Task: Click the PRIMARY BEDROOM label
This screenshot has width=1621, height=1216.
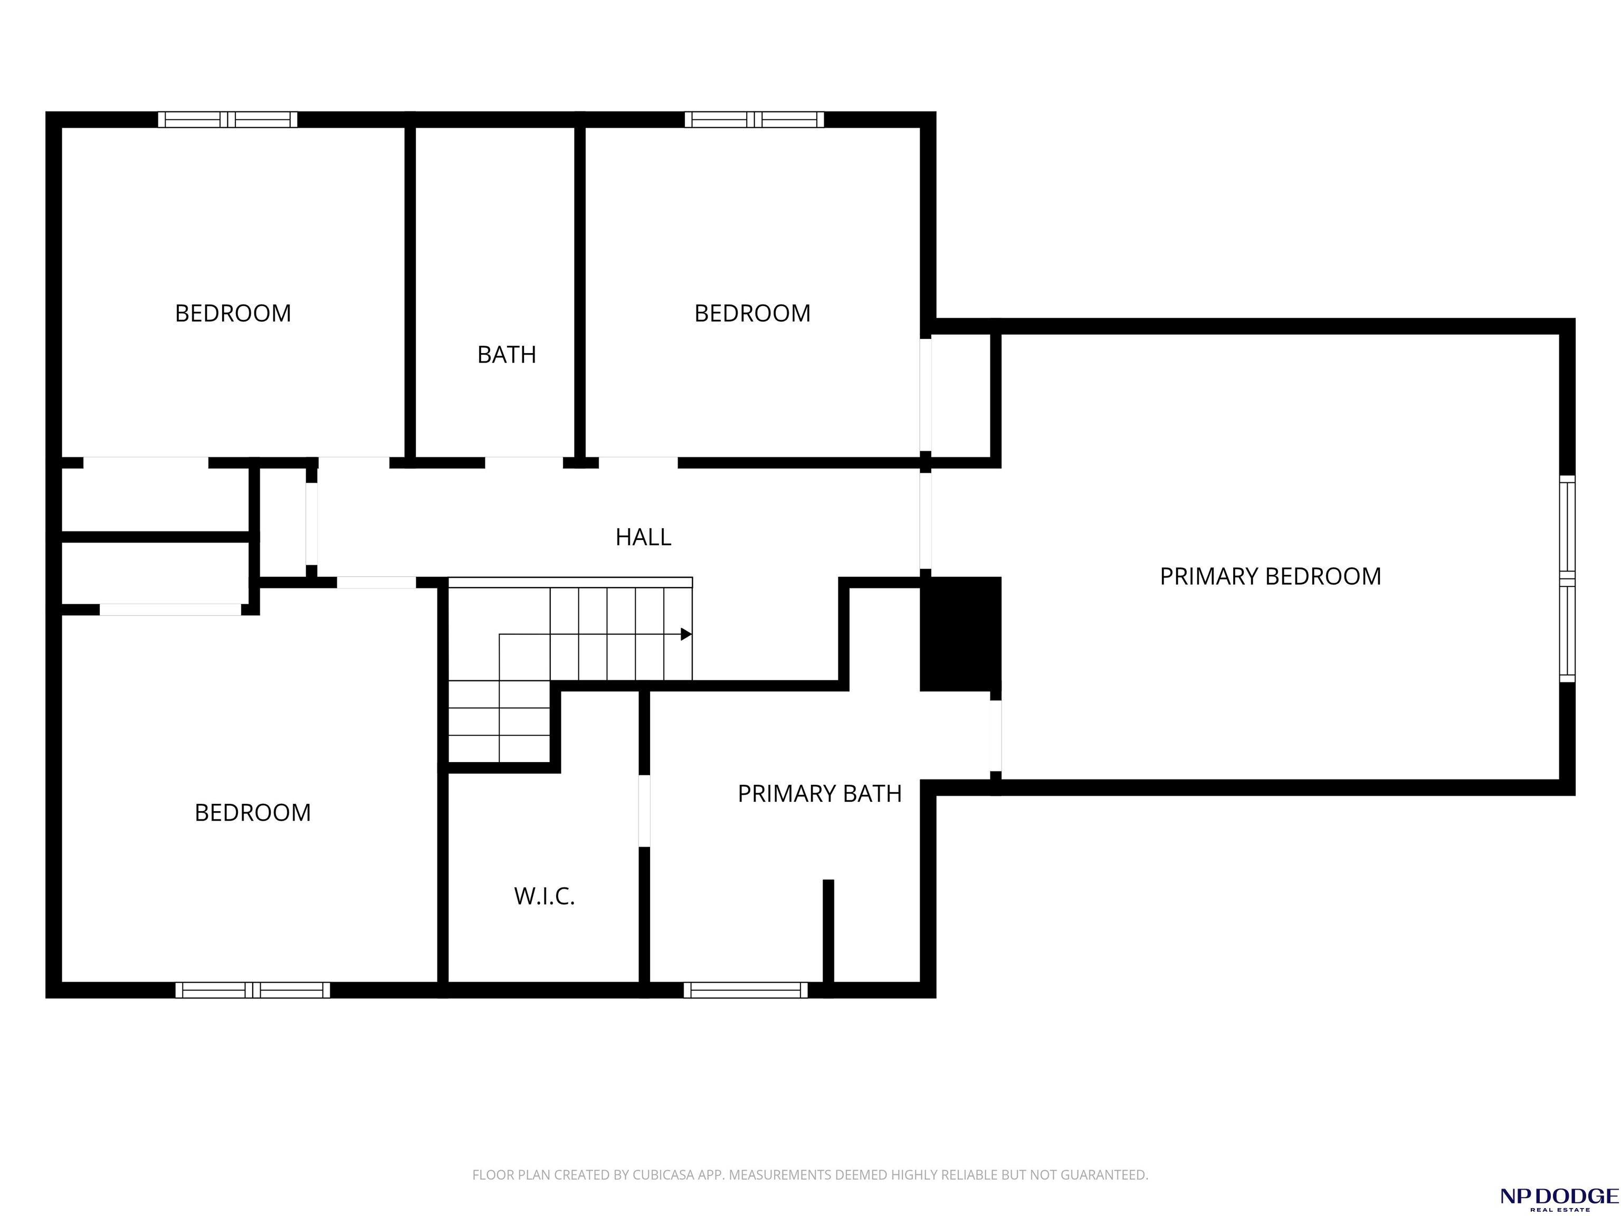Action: (x=1270, y=576)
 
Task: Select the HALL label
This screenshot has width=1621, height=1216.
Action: (x=643, y=537)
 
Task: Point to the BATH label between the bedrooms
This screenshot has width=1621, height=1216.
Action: (x=507, y=355)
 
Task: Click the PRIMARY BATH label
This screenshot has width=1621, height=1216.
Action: (x=819, y=794)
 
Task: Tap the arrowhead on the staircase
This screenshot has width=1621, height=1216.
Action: (x=686, y=634)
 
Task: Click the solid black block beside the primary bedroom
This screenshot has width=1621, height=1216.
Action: (x=960, y=634)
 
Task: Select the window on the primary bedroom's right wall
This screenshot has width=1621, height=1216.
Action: (x=1567, y=578)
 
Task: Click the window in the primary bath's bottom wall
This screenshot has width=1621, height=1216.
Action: (x=745, y=990)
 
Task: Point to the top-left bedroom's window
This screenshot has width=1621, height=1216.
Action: (x=228, y=119)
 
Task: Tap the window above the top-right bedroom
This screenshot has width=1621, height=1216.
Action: (x=754, y=119)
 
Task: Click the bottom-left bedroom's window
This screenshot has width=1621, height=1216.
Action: (x=253, y=990)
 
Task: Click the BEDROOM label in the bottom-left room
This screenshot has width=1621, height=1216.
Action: (x=253, y=812)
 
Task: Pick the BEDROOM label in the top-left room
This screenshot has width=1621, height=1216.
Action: (x=233, y=313)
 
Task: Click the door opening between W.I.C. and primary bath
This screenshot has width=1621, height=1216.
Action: (x=644, y=811)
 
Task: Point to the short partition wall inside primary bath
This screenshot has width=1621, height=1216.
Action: (x=828, y=931)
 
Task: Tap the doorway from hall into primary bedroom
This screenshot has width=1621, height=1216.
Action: (x=926, y=521)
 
